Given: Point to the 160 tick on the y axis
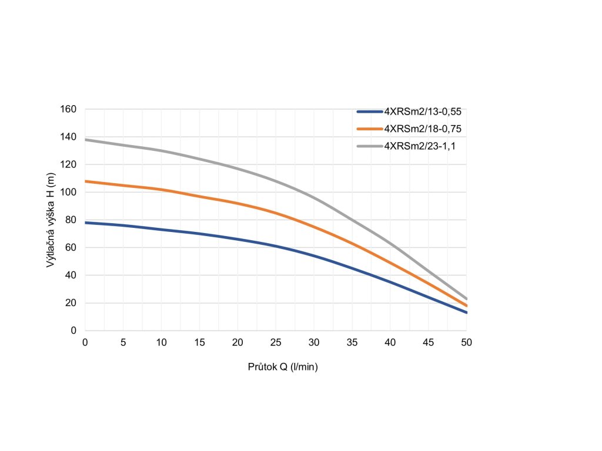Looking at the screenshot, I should tap(69, 109).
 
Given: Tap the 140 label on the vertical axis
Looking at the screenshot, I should tap(69, 137).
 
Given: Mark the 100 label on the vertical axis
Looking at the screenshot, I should tap(69, 193).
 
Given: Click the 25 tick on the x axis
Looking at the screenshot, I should tap(276, 342).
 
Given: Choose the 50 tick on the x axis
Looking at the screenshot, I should tap(466, 342).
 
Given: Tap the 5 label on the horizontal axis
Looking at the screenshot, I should tap(123, 342).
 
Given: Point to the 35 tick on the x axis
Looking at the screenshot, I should tap(352, 342).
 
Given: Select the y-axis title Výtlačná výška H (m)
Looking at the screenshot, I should tap(51, 220).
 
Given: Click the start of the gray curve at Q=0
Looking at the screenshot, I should tap(86, 140).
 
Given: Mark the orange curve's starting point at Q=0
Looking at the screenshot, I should tap(86, 181).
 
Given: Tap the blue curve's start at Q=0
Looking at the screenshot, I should tap(86, 223).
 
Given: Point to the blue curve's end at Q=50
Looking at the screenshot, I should tap(466, 312).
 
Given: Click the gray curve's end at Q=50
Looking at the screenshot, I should tap(466, 299).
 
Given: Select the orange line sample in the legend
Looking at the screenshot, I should tap(369, 129).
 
